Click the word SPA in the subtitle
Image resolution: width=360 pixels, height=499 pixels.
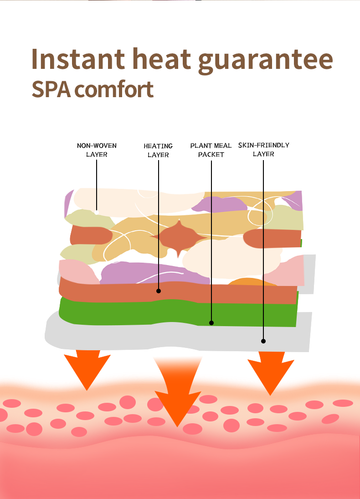(x=51, y=90)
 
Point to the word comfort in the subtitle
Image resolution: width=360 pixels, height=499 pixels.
(x=114, y=90)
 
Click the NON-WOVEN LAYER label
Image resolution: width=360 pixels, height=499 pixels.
(x=97, y=150)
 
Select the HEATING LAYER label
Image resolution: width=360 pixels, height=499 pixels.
(x=158, y=151)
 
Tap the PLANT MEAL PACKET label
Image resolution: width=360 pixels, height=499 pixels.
(x=211, y=150)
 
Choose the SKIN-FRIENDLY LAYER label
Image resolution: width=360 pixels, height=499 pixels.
(x=263, y=150)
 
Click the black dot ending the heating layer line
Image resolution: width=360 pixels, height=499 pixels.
(x=159, y=291)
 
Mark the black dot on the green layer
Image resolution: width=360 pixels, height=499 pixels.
(x=211, y=323)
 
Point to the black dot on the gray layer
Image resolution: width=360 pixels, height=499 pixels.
(x=263, y=341)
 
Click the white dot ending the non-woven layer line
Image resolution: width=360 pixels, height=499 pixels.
(x=97, y=212)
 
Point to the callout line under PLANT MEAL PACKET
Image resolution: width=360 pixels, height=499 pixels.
(x=211, y=237)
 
